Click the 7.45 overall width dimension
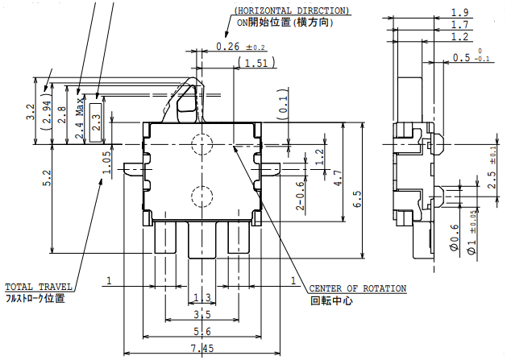[202, 348]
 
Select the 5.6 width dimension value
[202, 331]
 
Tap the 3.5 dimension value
[202, 314]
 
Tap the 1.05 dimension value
[106, 161]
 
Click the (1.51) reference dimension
[255, 63]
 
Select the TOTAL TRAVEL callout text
[39, 287]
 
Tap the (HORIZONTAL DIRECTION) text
[292, 10]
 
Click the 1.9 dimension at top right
[460, 12]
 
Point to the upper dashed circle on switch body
[202, 144]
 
